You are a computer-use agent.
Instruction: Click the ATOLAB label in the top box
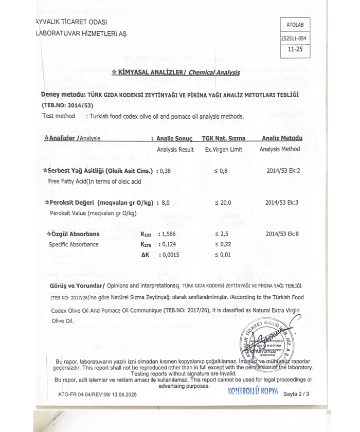coord(295,24)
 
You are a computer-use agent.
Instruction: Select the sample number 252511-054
coord(295,38)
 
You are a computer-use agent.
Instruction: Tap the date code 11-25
coord(295,50)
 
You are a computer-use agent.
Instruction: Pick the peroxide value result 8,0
coord(165,203)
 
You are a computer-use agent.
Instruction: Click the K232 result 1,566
coord(168,234)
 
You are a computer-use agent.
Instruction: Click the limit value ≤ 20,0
coord(223,203)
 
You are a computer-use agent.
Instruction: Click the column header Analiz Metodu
coord(282,138)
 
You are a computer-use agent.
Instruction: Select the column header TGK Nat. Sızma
coord(223,138)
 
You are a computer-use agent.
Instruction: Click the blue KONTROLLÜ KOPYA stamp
coord(253,391)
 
